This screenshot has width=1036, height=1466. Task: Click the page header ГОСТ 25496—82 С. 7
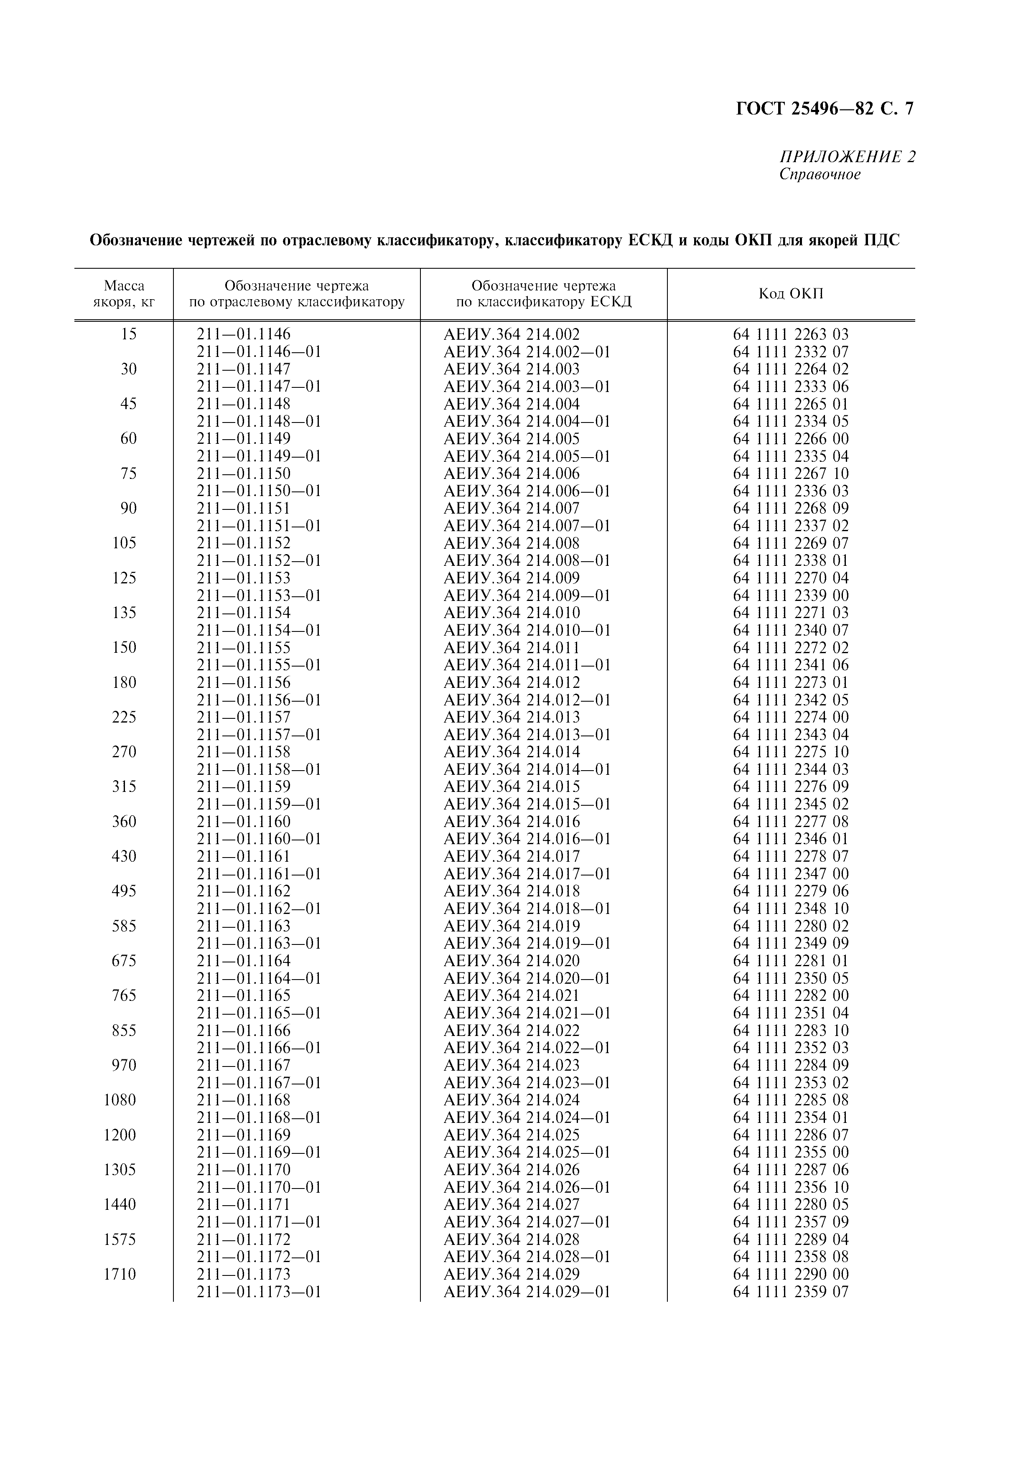click(825, 109)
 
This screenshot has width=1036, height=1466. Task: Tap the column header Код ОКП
click(790, 294)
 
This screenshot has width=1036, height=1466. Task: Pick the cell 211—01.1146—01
click(259, 352)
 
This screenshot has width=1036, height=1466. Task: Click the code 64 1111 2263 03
click(790, 334)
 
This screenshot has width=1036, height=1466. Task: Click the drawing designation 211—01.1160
click(243, 821)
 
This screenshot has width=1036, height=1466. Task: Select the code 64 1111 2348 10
click(790, 908)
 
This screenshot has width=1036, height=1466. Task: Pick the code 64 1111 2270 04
click(790, 578)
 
